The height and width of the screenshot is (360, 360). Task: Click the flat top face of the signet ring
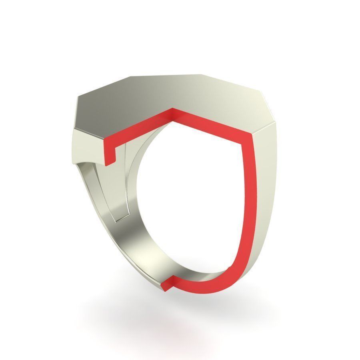[x=168, y=96]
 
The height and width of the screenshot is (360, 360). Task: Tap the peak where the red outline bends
[x=172, y=110]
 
